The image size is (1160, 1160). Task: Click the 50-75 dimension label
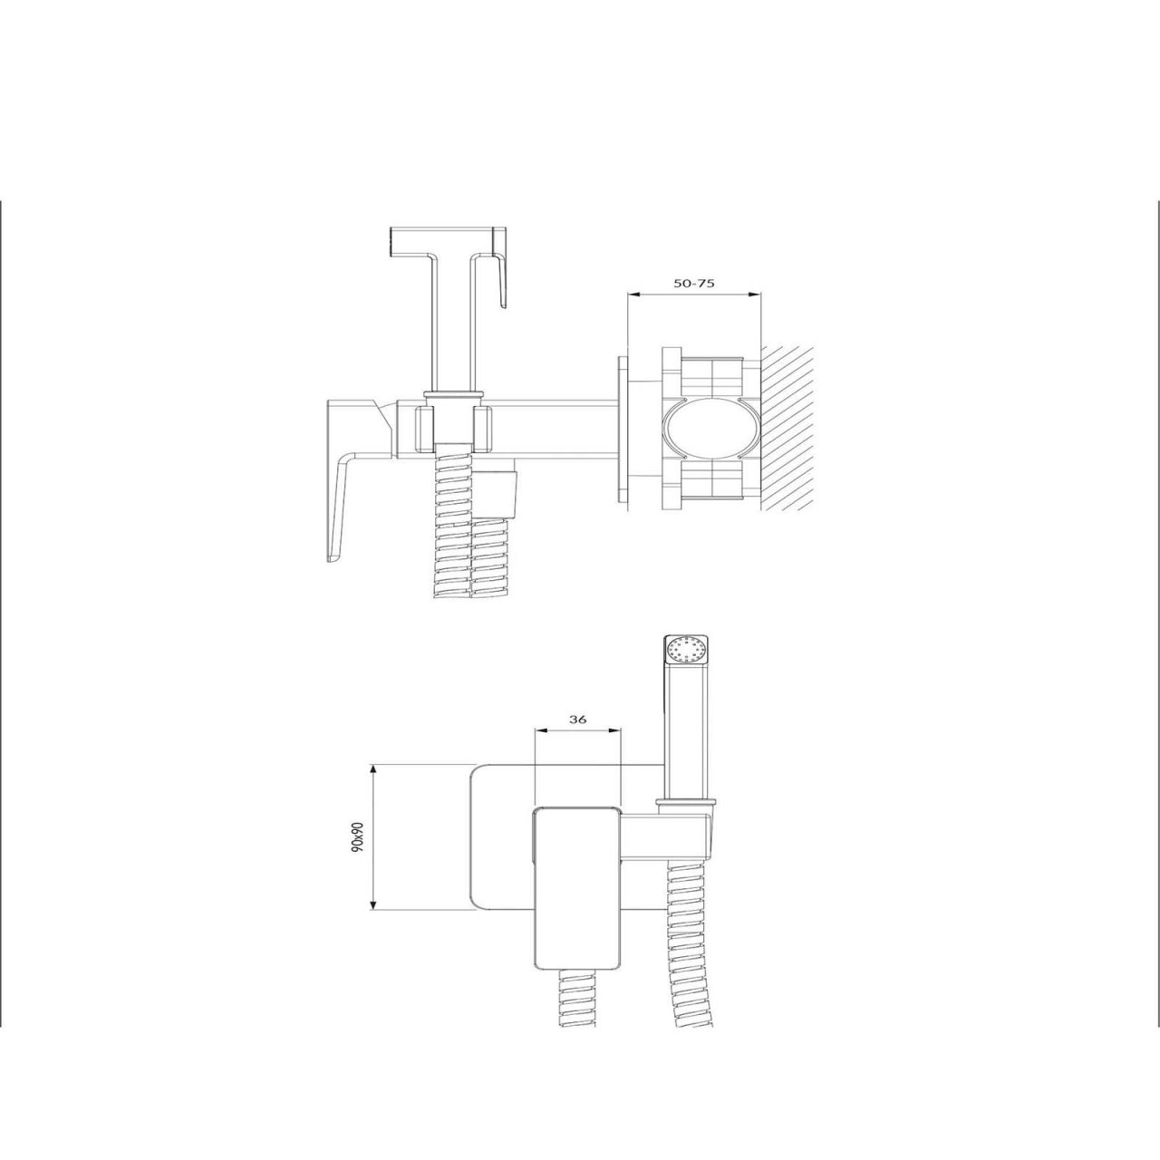(x=694, y=283)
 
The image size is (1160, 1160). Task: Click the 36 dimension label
(x=577, y=719)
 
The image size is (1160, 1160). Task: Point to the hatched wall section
(x=788, y=428)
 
